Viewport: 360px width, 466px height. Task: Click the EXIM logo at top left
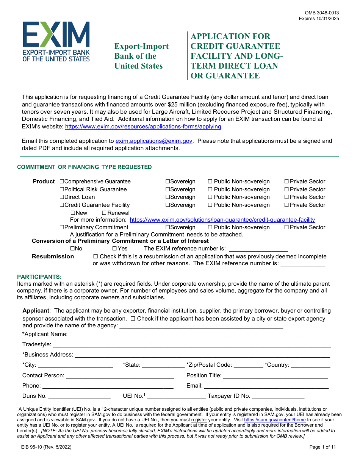[56, 41]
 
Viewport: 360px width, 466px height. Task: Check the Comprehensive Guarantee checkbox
[62, 181]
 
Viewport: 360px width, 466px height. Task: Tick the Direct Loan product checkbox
[62, 197]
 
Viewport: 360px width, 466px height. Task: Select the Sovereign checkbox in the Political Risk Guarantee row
[168, 189]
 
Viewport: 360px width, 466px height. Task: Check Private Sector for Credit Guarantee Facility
[286, 205]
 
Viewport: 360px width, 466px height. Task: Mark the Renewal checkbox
[104, 213]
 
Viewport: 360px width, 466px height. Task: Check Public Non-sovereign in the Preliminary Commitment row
[210, 227]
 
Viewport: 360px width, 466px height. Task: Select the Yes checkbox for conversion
[114, 249]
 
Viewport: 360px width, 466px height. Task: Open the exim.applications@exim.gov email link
[154, 141]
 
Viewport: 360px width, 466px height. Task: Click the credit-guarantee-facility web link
[222, 220]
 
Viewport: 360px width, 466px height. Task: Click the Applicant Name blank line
[200, 334]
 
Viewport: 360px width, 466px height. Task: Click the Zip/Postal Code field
[248, 365]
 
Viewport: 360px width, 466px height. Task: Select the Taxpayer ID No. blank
[278, 396]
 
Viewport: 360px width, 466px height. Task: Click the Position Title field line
[275, 375]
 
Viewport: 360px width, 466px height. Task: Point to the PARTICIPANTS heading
[39, 277]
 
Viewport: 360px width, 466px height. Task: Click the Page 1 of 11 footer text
[322, 447]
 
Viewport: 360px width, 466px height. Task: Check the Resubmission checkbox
[95, 256]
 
